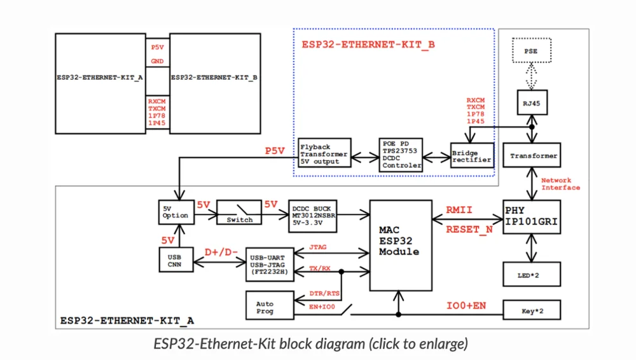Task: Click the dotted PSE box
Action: [x=530, y=51]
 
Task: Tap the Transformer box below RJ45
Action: [x=532, y=155]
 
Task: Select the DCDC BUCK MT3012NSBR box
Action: [x=314, y=215]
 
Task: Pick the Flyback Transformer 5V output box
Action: [x=324, y=154]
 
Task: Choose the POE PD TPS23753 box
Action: [x=401, y=155]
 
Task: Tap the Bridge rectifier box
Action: [x=471, y=156]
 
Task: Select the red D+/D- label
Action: [x=220, y=253]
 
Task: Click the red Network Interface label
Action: [x=560, y=184]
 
